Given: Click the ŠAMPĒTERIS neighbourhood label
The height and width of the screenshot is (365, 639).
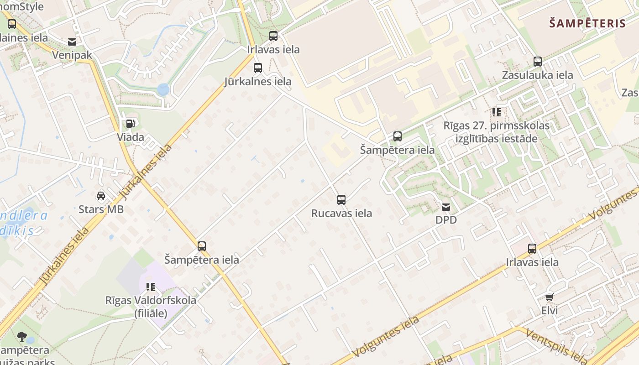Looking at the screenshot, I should [587, 24].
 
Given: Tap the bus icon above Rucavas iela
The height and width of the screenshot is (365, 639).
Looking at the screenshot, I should [341, 200].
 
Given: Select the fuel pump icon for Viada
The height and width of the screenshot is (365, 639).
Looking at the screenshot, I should [130, 124].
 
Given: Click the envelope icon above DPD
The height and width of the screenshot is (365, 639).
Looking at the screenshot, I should [446, 207].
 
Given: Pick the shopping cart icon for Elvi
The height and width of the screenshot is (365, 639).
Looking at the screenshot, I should [550, 297].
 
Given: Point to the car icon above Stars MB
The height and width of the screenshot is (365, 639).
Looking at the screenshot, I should [101, 196].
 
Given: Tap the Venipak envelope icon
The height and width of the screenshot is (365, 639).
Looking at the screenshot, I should [72, 42].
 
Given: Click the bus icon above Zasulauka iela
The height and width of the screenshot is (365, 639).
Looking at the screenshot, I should [538, 62].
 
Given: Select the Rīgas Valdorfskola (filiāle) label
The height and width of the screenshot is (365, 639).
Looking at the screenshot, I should [151, 307].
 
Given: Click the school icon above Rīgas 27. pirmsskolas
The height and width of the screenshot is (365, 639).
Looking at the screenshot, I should [496, 112].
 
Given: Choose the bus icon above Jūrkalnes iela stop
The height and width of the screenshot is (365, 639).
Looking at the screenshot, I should [258, 68].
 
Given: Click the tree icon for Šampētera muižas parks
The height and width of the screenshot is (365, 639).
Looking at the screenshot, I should [21, 337].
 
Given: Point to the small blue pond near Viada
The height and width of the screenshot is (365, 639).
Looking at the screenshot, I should [163, 89].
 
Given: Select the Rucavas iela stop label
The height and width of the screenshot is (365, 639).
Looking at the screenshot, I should [341, 213].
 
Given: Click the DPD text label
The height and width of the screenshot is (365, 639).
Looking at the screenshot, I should [446, 220].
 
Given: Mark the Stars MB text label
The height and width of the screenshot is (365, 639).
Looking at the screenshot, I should [101, 209].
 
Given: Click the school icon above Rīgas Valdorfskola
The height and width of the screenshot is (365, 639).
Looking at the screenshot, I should [151, 287].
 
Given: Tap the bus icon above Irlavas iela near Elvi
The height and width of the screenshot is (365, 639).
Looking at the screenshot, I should [532, 249].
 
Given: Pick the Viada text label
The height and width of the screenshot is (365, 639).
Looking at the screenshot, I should [130, 137].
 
